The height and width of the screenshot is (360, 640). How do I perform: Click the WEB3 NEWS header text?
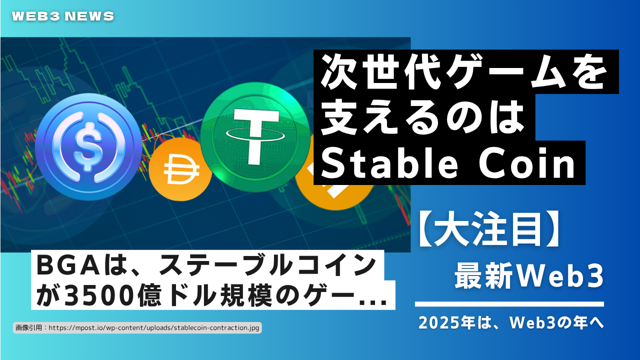pyautogui.click(x=63, y=16)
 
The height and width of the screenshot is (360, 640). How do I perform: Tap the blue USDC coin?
pyautogui.click(x=88, y=147)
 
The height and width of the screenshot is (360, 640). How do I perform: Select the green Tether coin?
pyautogui.click(x=255, y=137)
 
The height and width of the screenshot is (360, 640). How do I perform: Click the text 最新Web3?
pyautogui.click(x=529, y=276)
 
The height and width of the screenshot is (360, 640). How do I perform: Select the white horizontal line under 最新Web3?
pyautogui.click(x=509, y=304)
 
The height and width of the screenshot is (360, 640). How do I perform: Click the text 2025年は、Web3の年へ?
pyautogui.click(x=511, y=323)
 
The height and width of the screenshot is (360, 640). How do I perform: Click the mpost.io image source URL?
pyautogui.click(x=153, y=327)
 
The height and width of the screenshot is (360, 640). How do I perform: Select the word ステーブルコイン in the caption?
pyautogui.click(x=267, y=265)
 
